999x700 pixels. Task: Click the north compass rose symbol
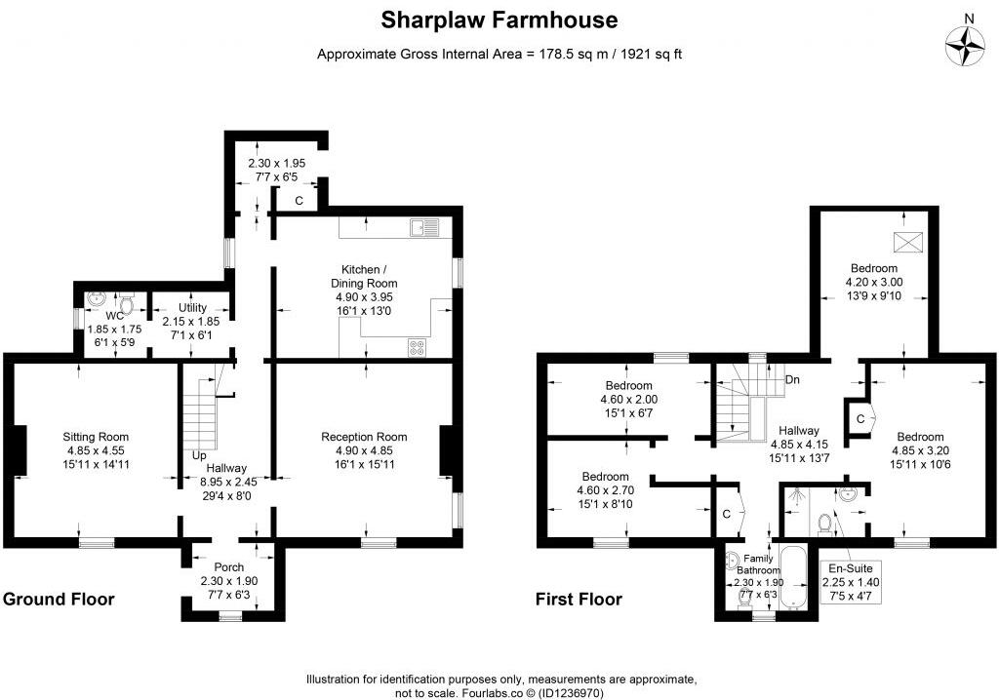967,43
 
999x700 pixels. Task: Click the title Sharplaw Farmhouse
499,20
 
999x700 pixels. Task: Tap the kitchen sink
425,227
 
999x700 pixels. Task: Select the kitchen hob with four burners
419,345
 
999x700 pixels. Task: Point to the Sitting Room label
96,437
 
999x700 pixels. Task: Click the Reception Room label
364,437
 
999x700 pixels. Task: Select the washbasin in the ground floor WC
96,299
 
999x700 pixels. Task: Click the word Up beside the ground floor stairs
199,455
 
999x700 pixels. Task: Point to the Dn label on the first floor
793,379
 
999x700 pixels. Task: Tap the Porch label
229,567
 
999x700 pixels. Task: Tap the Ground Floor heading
59,599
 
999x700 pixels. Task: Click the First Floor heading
579,599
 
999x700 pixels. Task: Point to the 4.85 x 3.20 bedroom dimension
920,451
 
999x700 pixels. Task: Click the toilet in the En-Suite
826,525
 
